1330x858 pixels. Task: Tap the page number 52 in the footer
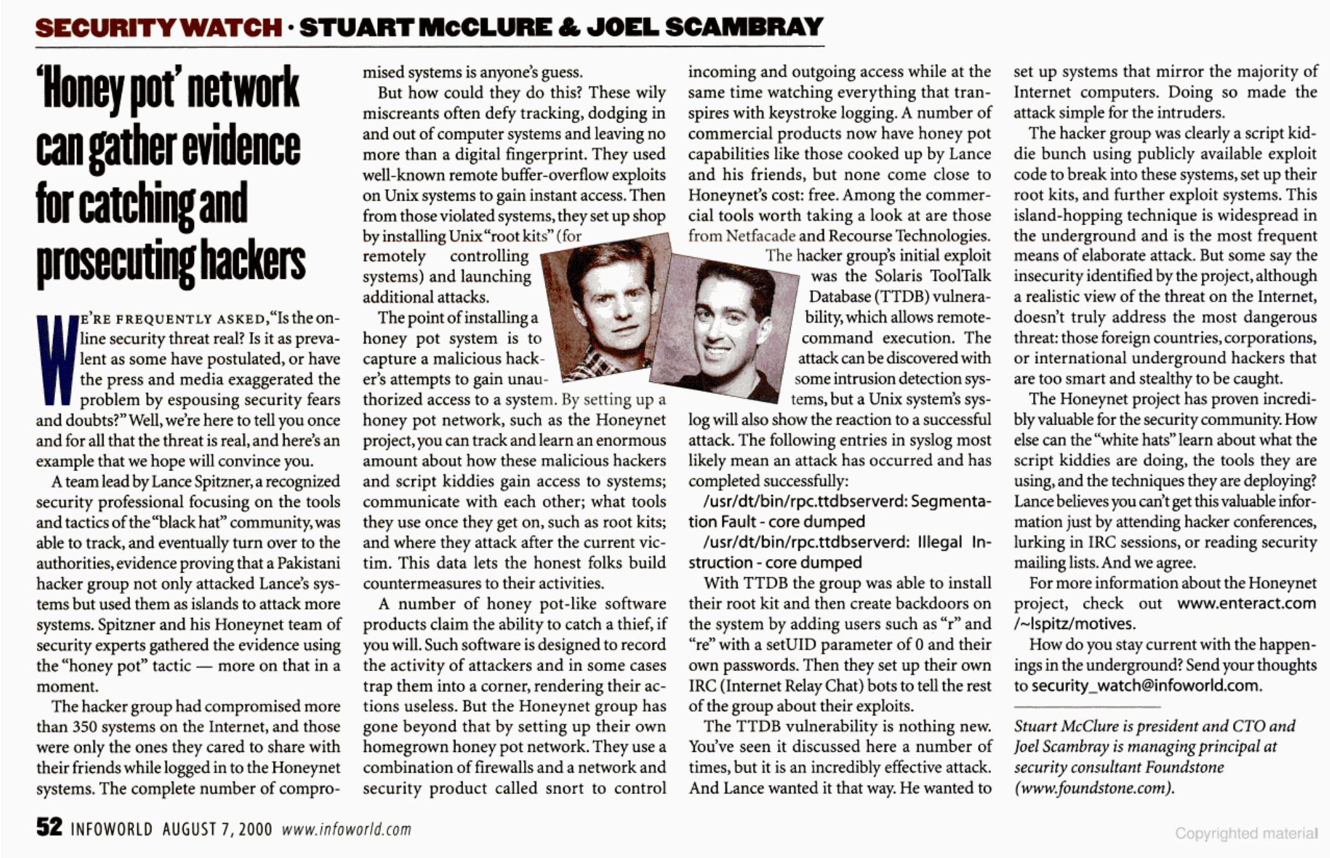pos(49,828)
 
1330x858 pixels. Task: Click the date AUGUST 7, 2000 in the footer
pos(217,830)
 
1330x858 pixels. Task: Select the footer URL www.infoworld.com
pos(347,830)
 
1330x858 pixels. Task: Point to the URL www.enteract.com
pos(1247,604)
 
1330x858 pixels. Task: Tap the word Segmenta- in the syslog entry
pos(950,501)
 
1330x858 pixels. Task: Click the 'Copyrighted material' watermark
pos(1246,833)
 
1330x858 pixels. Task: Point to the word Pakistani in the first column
pos(309,563)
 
